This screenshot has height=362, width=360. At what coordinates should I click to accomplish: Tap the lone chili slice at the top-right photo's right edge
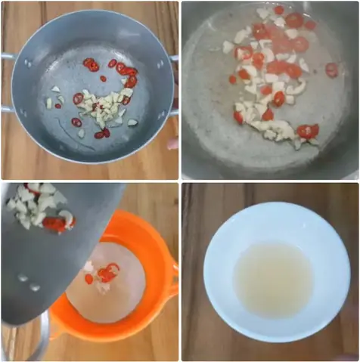pyautogui.click(x=332, y=70)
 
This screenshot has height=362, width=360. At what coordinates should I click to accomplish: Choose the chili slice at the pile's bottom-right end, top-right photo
pyautogui.click(x=307, y=131)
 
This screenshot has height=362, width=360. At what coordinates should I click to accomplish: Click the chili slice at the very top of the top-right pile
pyautogui.click(x=279, y=11)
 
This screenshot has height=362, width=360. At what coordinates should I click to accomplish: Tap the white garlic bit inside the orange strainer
pyautogui.click(x=88, y=267)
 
